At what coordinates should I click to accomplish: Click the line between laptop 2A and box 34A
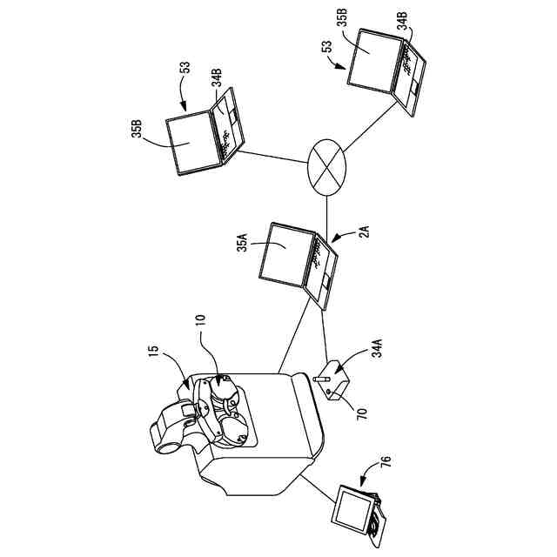[325, 335]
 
